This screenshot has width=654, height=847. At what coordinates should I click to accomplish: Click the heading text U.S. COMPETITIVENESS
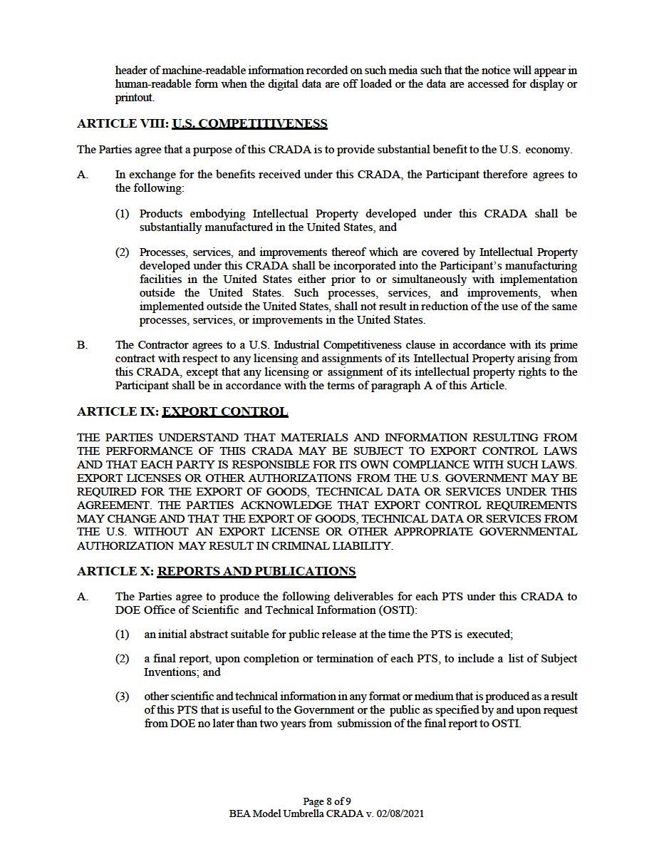(249, 124)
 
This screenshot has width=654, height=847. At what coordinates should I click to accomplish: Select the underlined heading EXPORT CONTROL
(225, 412)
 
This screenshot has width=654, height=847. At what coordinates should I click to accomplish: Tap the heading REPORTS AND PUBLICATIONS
(256, 572)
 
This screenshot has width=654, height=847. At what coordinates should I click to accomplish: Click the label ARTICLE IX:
(118, 412)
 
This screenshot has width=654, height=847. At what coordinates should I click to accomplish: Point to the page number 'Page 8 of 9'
(327, 801)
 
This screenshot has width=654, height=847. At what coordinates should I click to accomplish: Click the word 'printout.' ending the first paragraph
(135, 98)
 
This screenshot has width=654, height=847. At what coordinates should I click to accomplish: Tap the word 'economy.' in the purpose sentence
(551, 150)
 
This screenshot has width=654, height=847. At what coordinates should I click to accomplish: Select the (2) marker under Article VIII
(123, 252)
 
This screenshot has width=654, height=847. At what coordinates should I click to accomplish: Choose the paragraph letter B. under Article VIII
(83, 345)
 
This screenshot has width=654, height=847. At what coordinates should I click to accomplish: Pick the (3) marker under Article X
(123, 697)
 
